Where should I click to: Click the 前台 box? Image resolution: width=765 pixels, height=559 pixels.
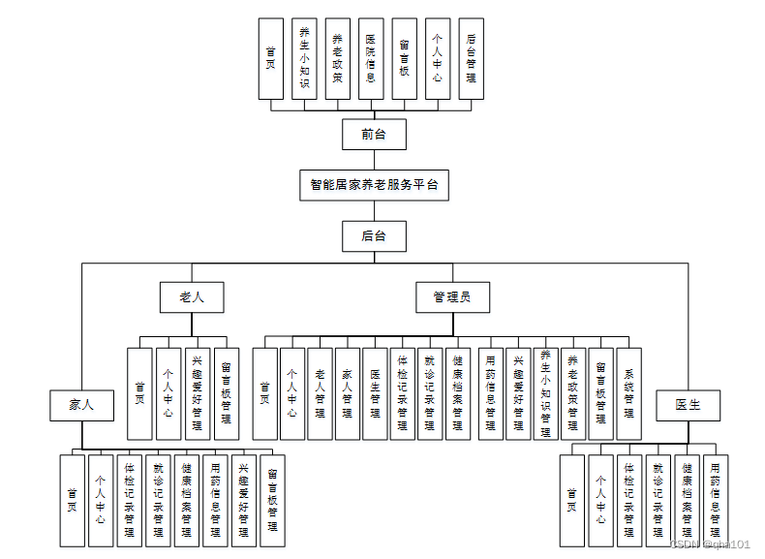pos(374,135)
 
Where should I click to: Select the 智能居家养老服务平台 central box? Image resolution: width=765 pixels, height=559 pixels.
pos(374,184)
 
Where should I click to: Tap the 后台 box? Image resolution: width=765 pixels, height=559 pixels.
pos(374,235)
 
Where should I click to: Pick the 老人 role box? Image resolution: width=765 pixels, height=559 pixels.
pos(192,297)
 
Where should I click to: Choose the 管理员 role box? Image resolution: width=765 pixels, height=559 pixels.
pos(452,297)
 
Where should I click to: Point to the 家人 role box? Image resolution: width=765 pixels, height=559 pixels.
pos(81,405)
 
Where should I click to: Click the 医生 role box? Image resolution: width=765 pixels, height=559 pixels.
pos(688,405)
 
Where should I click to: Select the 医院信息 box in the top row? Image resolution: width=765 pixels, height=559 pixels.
pos(371,58)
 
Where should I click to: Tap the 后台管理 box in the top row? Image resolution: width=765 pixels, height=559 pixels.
pos(471,58)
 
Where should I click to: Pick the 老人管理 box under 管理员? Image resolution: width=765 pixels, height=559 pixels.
pos(320,394)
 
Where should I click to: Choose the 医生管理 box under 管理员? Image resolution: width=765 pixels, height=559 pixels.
pos(375,394)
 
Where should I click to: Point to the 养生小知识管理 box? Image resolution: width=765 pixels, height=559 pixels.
pos(546,394)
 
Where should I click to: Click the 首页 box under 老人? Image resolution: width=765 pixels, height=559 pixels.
pos(139,394)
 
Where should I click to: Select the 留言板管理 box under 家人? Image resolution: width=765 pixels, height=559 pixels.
pos(272,500)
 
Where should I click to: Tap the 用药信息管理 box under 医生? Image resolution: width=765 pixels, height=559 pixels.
pos(715,500)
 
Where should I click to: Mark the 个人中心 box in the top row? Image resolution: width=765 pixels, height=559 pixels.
pos(438,58)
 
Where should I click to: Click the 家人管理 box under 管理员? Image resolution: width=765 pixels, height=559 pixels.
pos(348,394)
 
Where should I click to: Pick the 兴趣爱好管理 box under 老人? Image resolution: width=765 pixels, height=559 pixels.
pos(197,394)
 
